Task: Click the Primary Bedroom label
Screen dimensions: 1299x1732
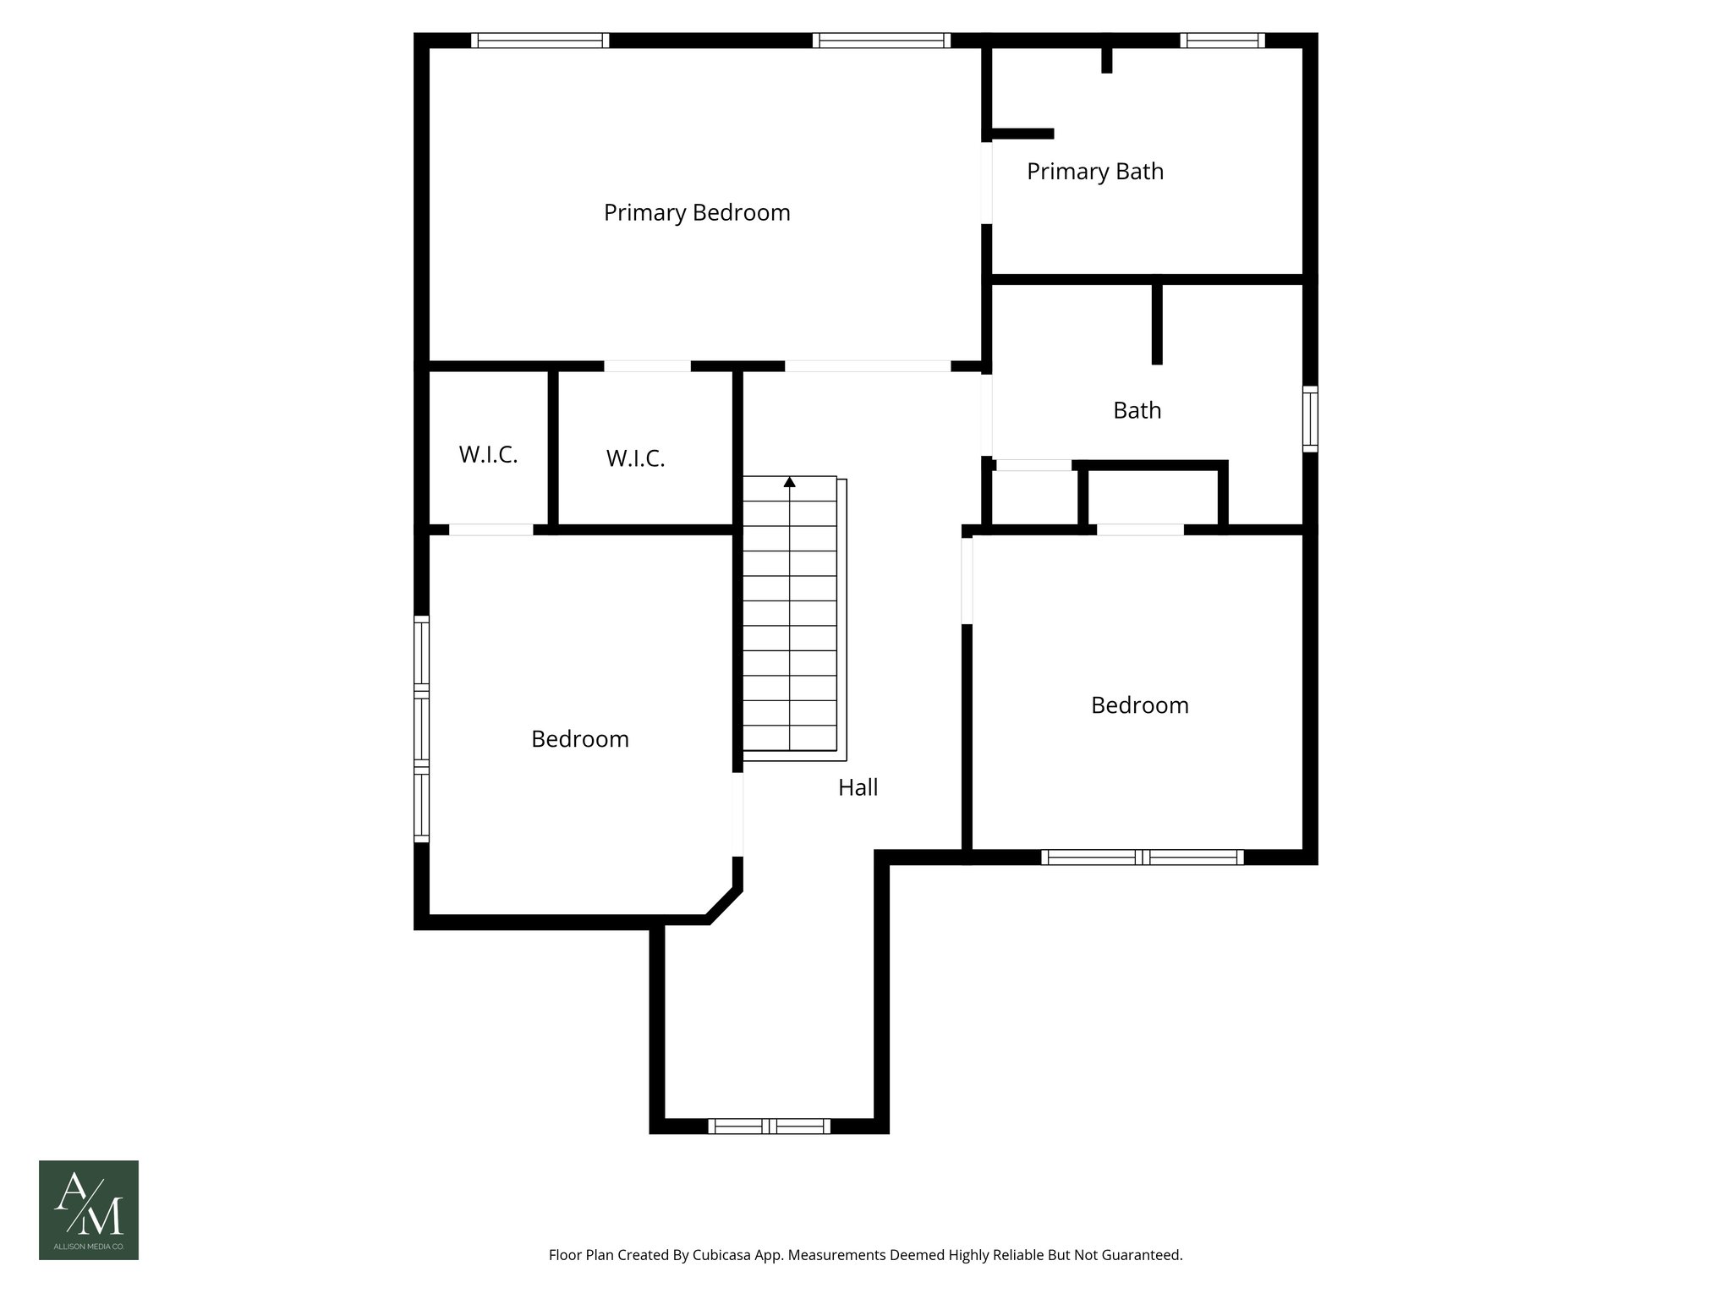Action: click(696, 212)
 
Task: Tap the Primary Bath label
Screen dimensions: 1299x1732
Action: click(1094, 172)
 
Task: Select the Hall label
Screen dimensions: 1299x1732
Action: click(858, 787)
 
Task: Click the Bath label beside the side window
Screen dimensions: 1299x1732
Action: click(1137, 410)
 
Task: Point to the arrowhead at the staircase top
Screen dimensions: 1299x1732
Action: click(790, 482)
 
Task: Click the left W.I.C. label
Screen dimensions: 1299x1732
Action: click(488, 455)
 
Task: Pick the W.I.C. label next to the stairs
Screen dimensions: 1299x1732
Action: click(635, 458)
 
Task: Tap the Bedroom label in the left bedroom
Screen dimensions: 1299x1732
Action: click(579, 739)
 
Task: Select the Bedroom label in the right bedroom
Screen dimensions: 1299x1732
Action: click(1139, 705)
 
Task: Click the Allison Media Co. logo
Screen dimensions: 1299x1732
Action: click(89, 1209)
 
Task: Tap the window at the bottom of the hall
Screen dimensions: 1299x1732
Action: click(769, 1126)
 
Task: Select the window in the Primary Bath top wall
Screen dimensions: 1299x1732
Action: click(1222, 41)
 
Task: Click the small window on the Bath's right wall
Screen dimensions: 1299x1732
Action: click(1310, 418)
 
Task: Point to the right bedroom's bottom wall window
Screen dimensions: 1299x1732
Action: click(1142, 857)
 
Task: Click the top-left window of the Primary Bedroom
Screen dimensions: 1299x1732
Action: click(540, 41)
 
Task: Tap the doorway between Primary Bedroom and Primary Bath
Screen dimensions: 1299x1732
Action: click(986, 182)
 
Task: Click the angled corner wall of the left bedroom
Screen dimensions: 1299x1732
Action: click(724, 904)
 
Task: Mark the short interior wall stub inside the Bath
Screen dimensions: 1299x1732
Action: click(1157, 323)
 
